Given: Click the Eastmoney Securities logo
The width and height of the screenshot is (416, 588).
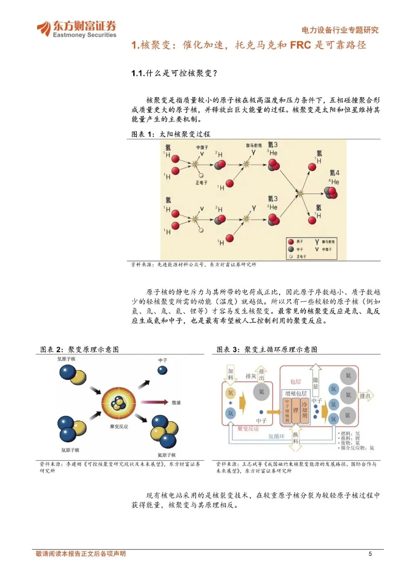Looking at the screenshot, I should click(76, 29).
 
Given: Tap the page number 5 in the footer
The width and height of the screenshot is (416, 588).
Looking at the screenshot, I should click(370, 554).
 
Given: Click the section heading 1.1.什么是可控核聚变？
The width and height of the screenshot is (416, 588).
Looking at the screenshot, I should click(174, 73).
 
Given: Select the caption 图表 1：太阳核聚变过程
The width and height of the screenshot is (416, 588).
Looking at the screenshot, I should click(171, 134).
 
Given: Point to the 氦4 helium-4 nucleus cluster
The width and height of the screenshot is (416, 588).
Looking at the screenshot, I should click(331, 192).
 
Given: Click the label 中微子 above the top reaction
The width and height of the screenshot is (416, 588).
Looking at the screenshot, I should click(202, 147).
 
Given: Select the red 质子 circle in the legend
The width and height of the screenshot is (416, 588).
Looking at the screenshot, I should click(291, 242).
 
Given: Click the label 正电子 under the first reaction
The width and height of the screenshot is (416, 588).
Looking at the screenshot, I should click(201, 183).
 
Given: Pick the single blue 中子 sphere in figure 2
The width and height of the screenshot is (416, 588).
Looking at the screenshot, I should click(162, 370).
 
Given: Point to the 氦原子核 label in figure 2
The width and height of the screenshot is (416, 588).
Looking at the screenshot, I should click(166, 455).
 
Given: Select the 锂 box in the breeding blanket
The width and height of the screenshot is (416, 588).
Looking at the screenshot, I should click(295, 410).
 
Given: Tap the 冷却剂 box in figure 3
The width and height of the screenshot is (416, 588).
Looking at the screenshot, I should click(304, 410).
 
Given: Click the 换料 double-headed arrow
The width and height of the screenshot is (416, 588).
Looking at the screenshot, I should click(295, 437).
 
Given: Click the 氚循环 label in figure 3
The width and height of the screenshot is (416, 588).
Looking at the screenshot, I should click(276, 436).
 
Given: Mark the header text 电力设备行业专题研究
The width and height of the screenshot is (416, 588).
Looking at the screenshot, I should click(340, 30).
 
